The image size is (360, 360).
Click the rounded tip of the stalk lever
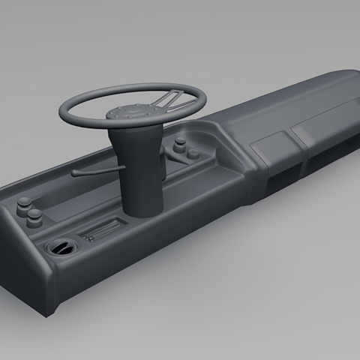tap(74, 174)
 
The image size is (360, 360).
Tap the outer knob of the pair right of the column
tap(193, 154)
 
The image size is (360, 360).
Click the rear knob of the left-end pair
tap(25, 202)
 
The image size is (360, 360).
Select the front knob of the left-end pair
tap(34, 217)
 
